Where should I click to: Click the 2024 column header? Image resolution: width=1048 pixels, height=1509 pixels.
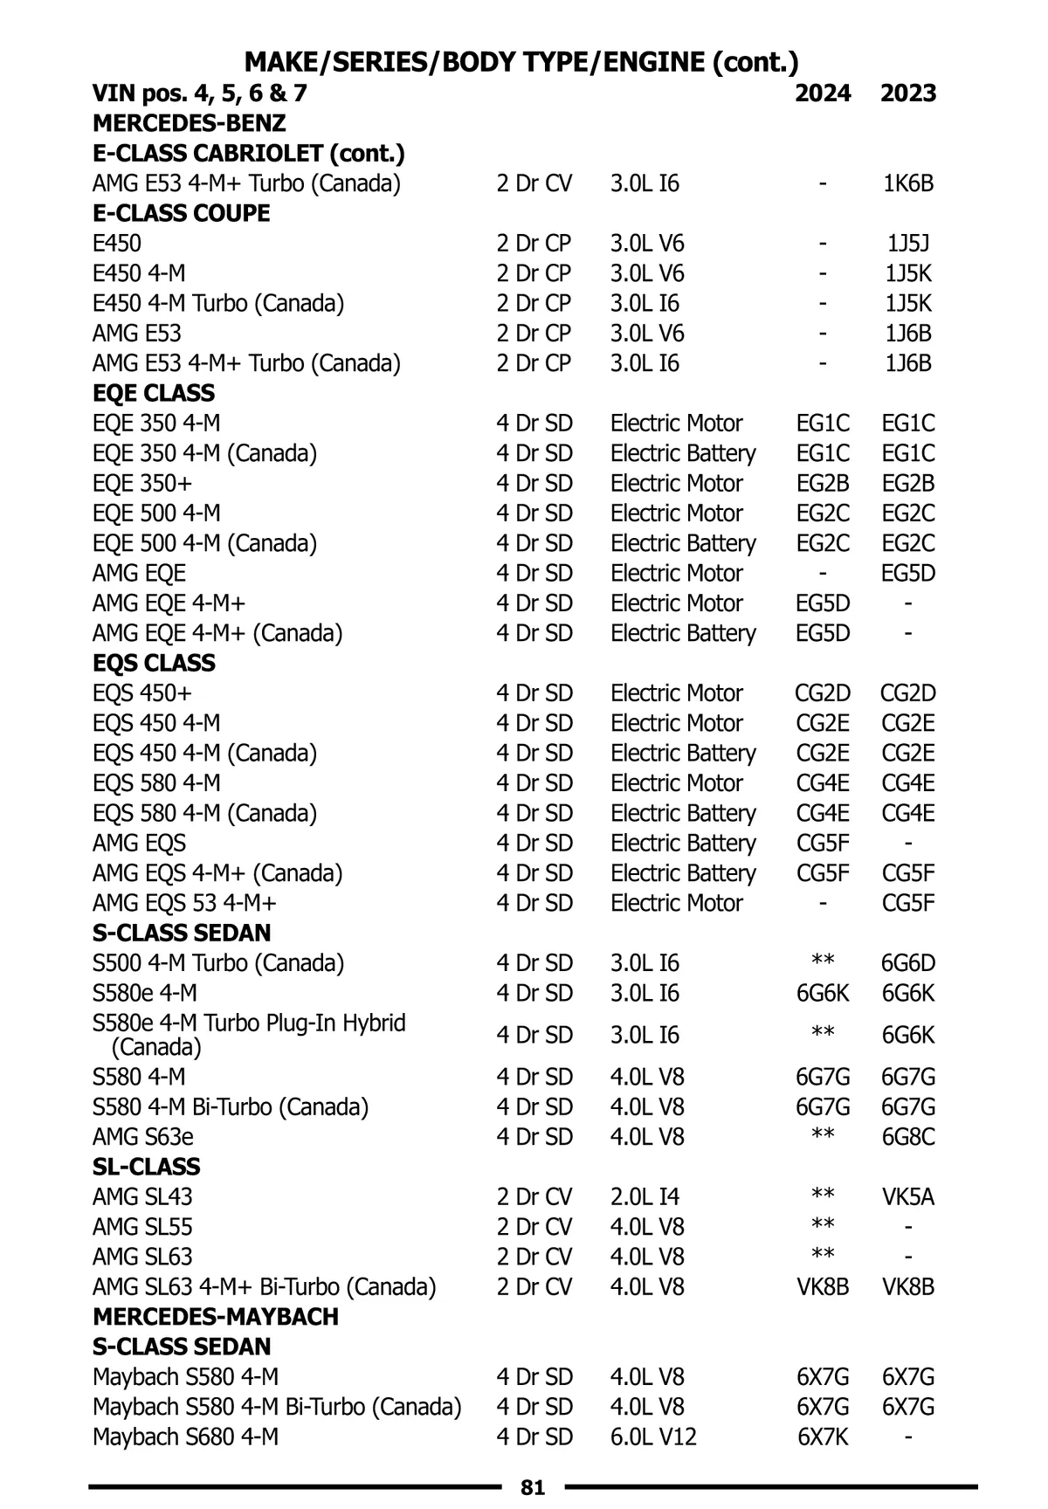[823, 93]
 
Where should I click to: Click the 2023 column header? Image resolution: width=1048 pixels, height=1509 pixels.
[908, 93]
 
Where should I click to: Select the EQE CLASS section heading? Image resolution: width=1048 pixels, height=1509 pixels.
[154, 393]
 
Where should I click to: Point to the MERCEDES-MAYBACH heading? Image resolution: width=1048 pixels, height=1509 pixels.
[215, 1317]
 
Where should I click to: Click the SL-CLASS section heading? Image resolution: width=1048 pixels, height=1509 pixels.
[146, 1167]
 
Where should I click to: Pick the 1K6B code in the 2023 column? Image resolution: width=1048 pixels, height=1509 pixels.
[908, 183]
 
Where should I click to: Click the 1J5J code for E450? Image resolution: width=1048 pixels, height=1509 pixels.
[908, 244]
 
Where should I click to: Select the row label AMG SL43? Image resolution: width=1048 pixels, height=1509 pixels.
[142, 1196]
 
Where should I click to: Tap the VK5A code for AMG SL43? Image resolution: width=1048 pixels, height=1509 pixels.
[908, 1196]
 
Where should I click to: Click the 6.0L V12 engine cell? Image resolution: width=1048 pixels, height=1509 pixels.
[653, 1437]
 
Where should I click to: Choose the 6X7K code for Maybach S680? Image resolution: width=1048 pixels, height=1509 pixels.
[823, 1437]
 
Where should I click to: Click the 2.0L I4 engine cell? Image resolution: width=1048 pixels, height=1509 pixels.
[645, 1196]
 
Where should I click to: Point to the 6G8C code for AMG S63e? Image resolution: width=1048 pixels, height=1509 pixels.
[908, 1137]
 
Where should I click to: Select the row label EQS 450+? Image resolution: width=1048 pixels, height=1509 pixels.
[142, 693]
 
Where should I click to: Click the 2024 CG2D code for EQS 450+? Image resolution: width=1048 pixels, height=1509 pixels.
[823, 693]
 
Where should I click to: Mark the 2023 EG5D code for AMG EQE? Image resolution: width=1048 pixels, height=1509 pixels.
[908, 574]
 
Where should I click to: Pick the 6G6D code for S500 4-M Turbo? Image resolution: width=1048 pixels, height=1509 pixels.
[908, 963]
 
